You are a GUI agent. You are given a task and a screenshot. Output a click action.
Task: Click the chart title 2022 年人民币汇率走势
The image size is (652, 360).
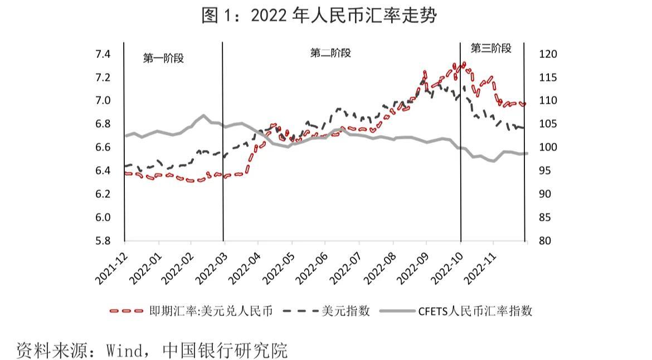point(318,15)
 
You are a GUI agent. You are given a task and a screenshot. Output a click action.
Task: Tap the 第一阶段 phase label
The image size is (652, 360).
point(163,58)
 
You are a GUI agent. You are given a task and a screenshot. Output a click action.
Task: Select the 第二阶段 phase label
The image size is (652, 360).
point(330,53)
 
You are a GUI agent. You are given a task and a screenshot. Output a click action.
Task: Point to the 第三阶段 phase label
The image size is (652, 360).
point(491,48)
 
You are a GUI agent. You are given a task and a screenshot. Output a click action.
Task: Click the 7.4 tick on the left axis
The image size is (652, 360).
point(103,54)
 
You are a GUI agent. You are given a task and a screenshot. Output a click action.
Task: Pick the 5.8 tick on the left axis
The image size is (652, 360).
point(103,241)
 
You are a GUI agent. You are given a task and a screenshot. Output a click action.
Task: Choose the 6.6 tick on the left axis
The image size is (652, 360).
point(103,148)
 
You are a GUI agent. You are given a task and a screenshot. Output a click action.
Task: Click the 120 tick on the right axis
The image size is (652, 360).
point(548,54)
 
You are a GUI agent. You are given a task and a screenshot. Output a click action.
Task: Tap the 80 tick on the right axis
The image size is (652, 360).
point(545,241)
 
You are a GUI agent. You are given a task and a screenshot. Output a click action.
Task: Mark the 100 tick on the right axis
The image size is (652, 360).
point(548,148)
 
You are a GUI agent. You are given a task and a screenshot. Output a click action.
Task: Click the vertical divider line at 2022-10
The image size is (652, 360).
point(461,167)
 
